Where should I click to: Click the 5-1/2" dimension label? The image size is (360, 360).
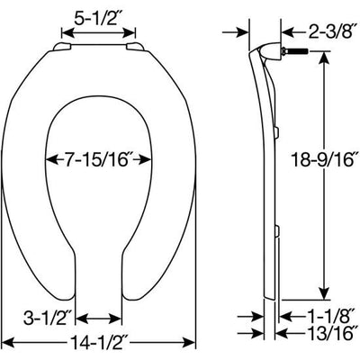(x=99, y=17)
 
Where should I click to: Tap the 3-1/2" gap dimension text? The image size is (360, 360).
(x=47, y=316)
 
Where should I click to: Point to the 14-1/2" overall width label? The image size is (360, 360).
(x=99, y=343)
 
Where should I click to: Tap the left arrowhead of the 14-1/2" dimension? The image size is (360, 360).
(x=11, y=343)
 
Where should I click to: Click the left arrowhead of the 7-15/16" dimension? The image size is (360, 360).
(x=49, y=159)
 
